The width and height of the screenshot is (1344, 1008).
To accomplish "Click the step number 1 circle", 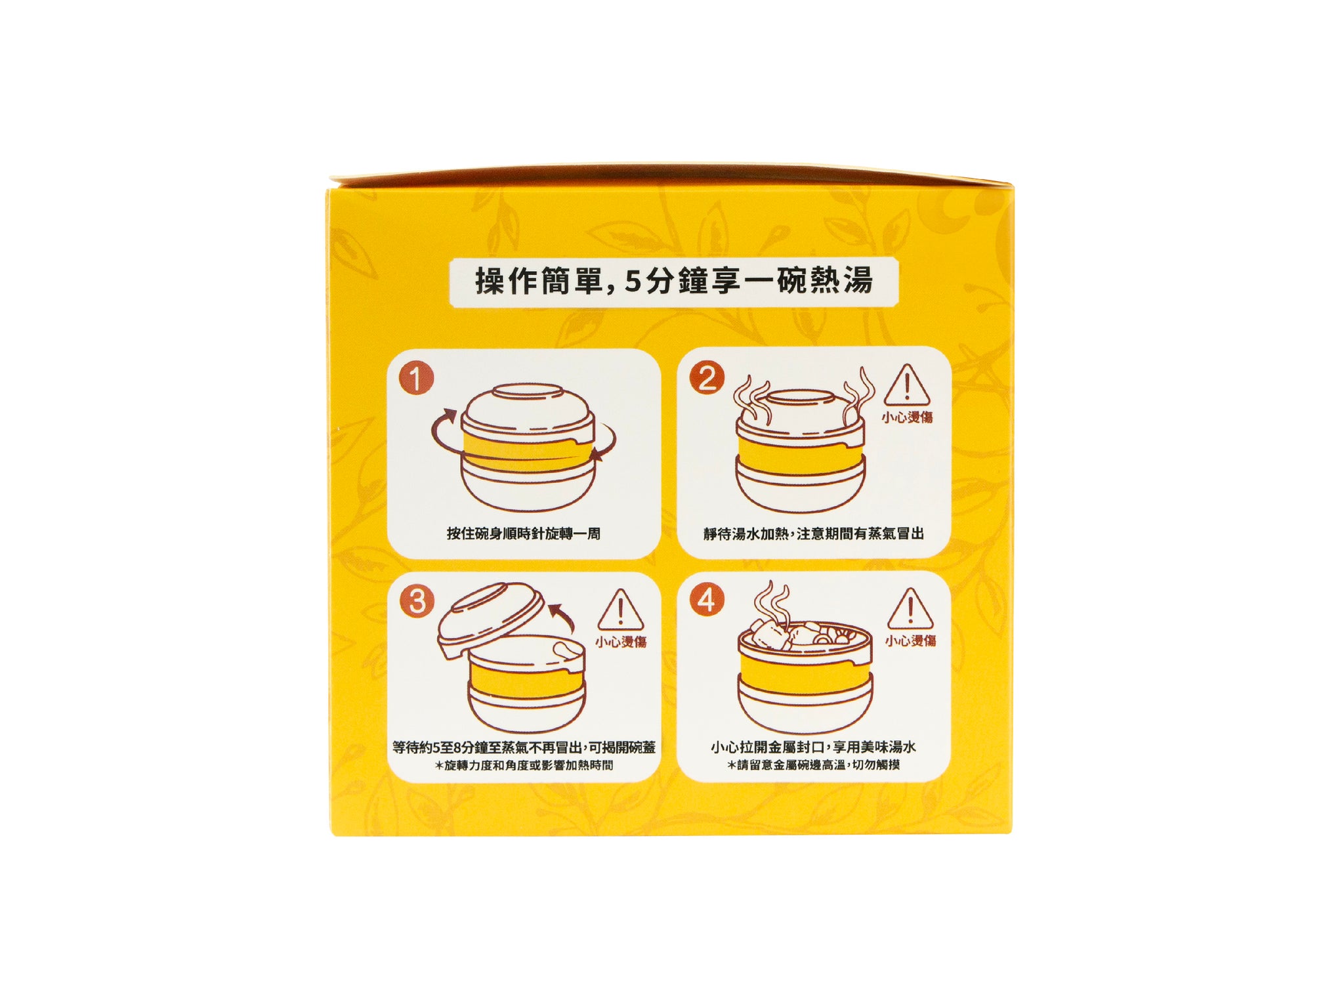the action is click(416, 379).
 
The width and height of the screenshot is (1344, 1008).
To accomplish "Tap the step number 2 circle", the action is click(707, 379).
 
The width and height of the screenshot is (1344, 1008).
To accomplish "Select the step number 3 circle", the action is click(417, 602).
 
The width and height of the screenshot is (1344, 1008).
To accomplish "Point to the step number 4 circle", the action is click(707, 600).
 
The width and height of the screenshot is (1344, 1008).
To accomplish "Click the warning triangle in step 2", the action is click(906, 386).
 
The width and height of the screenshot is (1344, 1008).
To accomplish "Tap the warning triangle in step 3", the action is click(620, 610).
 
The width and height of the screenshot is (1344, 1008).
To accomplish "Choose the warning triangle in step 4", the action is click(910, 609).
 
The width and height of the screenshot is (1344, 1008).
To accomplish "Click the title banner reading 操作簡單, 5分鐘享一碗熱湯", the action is click(674, 282).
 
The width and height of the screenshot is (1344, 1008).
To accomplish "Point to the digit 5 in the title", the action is click(632, 282).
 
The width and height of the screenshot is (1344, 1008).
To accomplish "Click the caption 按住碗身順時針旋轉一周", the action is click(524, 534).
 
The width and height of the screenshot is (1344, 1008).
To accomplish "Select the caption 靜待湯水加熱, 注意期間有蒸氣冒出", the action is click(814, 534).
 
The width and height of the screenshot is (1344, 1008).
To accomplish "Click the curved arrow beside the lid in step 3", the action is click(561, 617).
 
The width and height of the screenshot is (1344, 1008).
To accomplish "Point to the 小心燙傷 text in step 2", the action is click(907, 417).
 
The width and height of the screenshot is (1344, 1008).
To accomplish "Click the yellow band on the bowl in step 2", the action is click(800, 455).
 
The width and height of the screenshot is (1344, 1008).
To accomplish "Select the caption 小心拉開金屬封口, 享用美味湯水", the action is click(814, 747).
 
